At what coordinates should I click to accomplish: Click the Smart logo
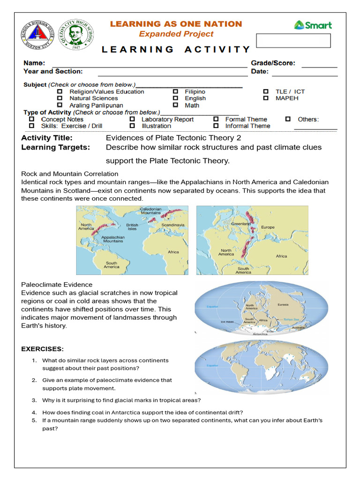tap(313, 25)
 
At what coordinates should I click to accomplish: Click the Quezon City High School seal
tap(77, 34)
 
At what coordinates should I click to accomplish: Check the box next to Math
tap(175, 105)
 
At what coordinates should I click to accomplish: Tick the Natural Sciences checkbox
tap(60, 98)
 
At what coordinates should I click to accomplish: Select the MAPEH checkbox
tap(266, 98)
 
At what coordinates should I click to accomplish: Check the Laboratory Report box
tap(132, 120)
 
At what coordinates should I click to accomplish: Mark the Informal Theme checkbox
tap(216, 126)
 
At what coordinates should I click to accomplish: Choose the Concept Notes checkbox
tap(31, 120)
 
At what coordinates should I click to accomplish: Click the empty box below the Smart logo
tap(293, 41)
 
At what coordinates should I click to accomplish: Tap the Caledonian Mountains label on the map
tap(150, 211)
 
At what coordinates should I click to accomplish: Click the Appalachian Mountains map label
tap(113, 239)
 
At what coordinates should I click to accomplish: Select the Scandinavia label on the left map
tap(173, 225)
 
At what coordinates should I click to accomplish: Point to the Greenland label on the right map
tap(240, 224)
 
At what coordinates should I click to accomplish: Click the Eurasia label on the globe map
tap(283, 304)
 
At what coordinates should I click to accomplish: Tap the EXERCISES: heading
tap(43, 349)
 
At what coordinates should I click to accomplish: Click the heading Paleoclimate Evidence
tap(57, 285)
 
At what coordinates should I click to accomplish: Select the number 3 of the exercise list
tap(34, 400)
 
